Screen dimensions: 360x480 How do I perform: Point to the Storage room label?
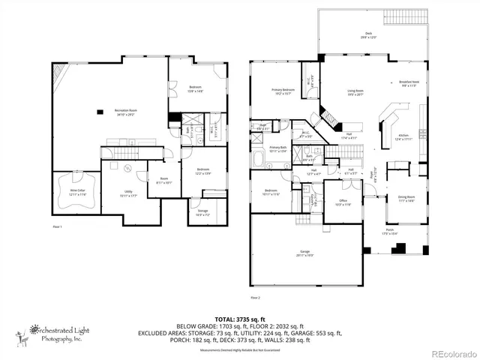203,212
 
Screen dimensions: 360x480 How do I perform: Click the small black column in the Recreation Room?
100,112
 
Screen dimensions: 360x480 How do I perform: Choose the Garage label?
305,253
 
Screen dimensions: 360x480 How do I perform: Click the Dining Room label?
406,198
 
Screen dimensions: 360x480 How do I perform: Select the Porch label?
390,231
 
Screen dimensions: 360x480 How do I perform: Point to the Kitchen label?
403,136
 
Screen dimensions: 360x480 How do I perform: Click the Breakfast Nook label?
409,84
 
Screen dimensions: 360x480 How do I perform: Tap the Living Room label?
355,93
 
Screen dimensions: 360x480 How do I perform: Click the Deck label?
368,35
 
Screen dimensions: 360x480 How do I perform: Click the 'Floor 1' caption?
57,226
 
